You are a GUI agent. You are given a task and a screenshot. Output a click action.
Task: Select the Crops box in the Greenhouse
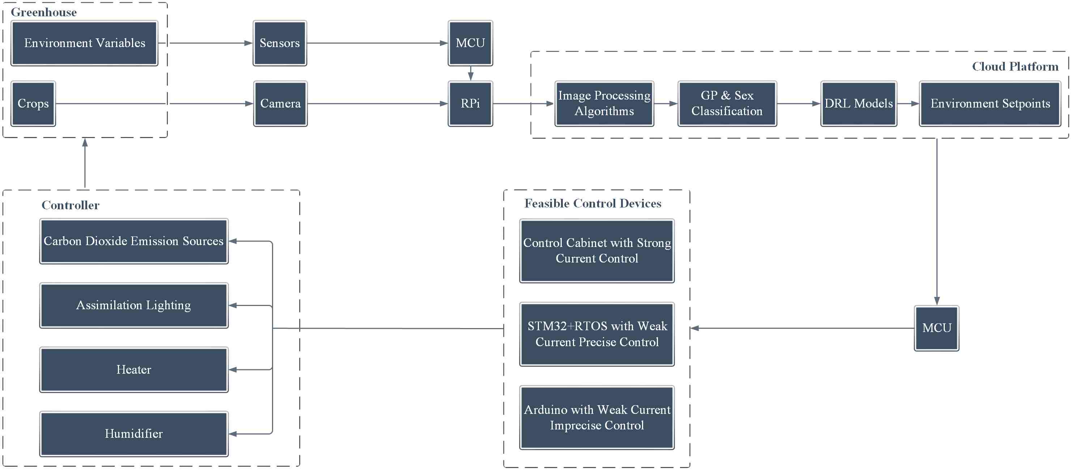point(33,104)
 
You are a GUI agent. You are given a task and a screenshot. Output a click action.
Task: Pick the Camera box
point(280,104)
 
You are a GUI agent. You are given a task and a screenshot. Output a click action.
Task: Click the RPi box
point(470,104)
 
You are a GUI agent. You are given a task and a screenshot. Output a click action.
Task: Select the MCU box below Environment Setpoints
point(936,328)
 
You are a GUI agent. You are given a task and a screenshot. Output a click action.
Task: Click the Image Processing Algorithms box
point(604,104)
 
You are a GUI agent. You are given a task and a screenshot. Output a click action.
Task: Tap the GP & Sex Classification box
point(727,104)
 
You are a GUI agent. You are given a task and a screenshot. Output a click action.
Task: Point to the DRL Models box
point(859,104)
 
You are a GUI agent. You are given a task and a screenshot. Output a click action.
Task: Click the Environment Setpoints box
point(990,104)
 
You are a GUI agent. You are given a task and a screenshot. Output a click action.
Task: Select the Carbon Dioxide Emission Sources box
point(134,242)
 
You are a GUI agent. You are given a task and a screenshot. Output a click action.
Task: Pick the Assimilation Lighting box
point(134,306)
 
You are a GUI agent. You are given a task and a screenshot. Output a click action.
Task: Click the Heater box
point(134,370)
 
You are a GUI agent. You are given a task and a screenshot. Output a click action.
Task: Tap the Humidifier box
point(134,434)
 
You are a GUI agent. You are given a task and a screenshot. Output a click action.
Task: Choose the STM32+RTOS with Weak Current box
point(596,334)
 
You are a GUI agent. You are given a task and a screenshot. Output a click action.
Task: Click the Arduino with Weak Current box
point(596,417)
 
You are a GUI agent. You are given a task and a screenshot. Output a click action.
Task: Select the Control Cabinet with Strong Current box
point(596,251)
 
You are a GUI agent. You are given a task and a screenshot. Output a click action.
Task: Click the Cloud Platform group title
point(1015,67)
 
